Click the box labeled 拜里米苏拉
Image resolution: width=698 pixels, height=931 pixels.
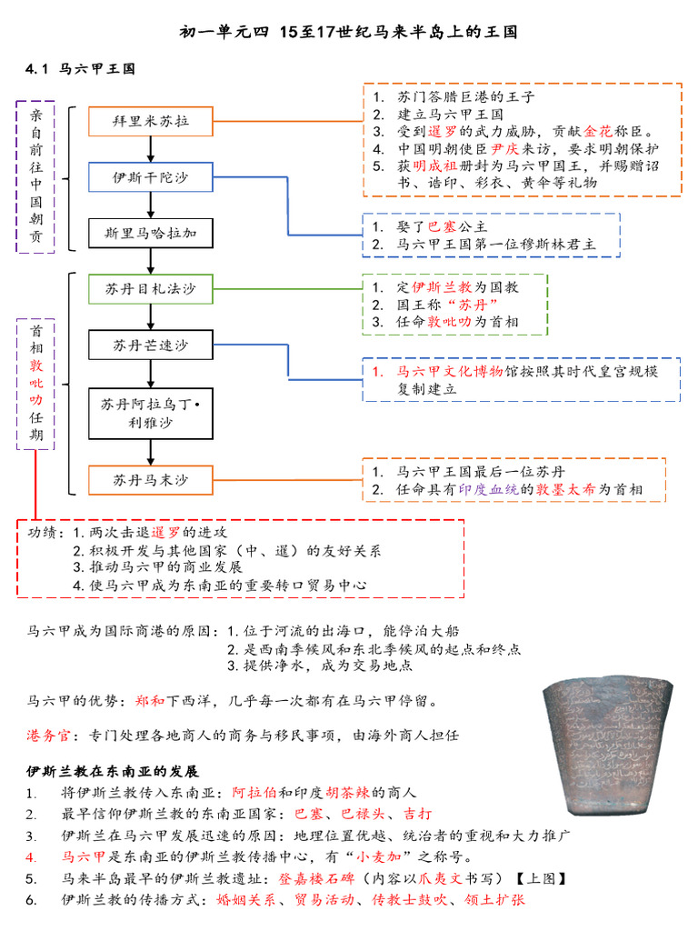click(151, 120)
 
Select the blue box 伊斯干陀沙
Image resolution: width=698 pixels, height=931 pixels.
click(151, 176)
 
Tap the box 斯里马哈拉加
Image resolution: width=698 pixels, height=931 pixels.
click(151, 233)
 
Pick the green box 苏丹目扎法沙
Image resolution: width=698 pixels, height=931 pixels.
click(151, 289)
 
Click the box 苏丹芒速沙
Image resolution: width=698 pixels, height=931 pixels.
click(151, 345)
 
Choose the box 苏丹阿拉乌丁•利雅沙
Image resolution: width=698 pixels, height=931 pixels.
click(151, 414)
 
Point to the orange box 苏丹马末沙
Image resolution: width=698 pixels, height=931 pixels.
click(151, 479)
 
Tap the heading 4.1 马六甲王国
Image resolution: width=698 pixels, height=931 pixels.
click(81, 68)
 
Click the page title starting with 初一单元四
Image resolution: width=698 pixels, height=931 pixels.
click(349, 32)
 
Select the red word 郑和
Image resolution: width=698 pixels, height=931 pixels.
click(149, 701)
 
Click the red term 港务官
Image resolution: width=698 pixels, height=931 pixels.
click(45, 735)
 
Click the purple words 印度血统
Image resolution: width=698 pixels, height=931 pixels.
click(498, 489)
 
